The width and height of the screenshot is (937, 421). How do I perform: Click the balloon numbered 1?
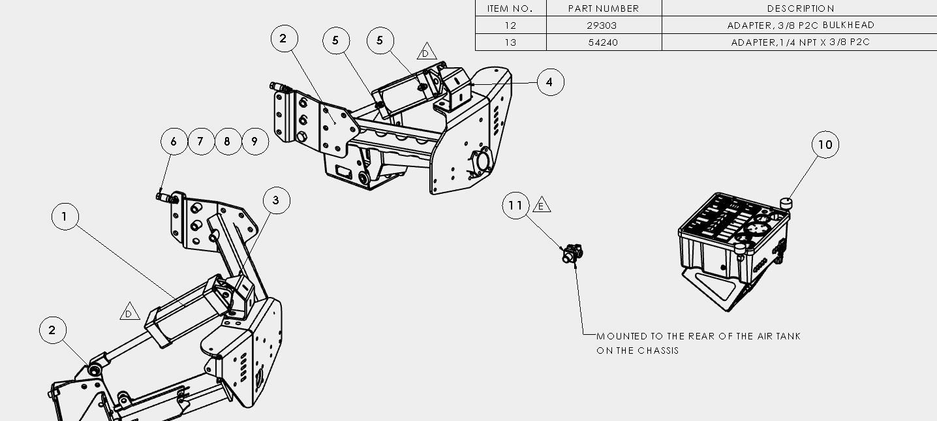pyautogui.click(x=65, y=216)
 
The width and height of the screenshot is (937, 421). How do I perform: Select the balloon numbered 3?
pyautogui.click(x=277, y=200)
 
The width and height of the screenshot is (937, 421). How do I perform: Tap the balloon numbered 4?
pyautogui.click(x=550, y=82)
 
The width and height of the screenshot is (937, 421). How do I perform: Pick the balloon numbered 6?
pyautogui.click(x=174, y=142)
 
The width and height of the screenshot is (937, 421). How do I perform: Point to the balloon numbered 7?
pyautogui.click(x=201, y=142)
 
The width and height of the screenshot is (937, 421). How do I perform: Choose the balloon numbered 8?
pyautogui.click(x=228, y=142)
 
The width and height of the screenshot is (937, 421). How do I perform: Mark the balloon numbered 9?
pyautogui.click(x=255, y=142)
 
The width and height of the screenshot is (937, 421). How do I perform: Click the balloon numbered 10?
pyautogui.click(x=825, y=144)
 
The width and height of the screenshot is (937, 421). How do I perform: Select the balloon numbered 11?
pyautogui.click(x=515, y=206)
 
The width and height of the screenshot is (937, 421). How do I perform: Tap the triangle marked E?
pyautogui.click(x=542, y=205)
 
